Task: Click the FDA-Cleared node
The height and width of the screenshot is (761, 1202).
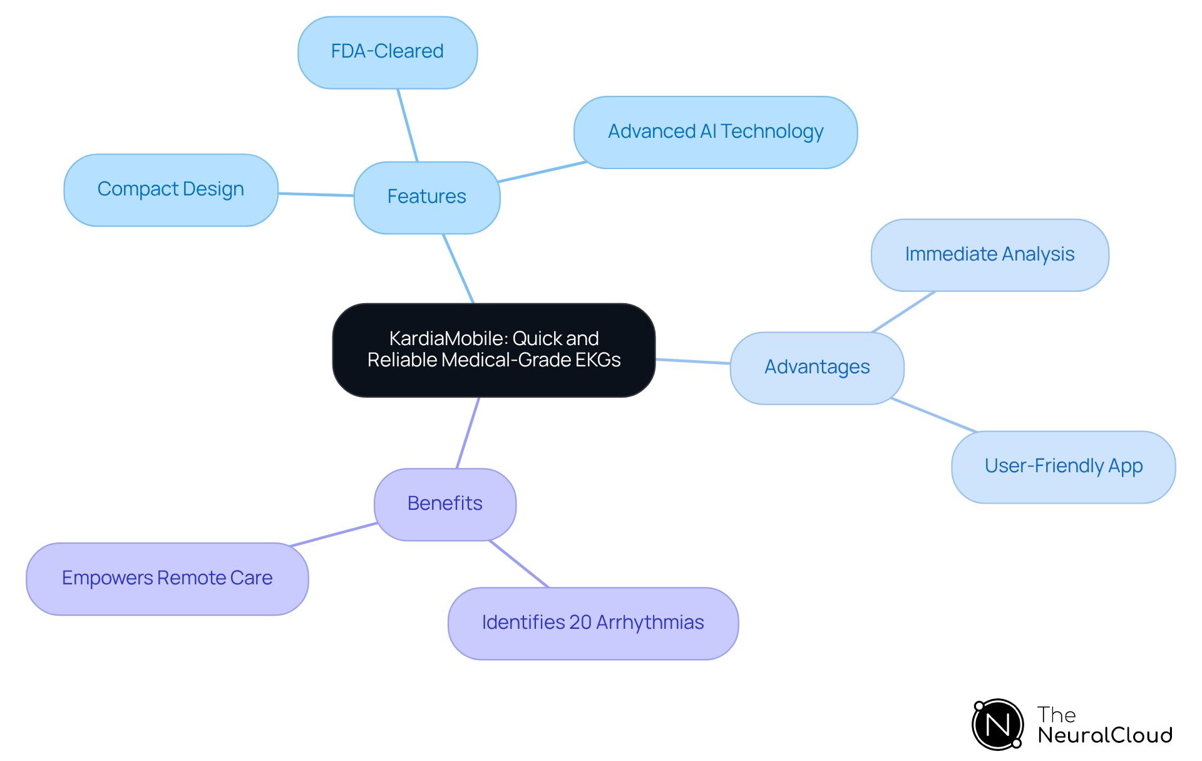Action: (388, 53)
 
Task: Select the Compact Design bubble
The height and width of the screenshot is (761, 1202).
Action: (171, 190)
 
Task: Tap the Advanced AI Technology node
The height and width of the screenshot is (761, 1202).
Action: (715, 132)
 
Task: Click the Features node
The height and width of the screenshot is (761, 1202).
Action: (427, 197)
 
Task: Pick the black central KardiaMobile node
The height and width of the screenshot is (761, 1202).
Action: (494, 350)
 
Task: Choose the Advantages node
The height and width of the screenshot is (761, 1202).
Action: (817, 368)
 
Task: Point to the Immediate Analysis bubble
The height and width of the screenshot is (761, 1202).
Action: (990, 255)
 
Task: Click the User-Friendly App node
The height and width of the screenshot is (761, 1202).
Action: (1063, 467)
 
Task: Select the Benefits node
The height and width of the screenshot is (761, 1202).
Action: (445, 504)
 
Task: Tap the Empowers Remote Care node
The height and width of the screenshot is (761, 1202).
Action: (167, 579)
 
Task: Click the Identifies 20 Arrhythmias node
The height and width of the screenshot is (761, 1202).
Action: (593, 623)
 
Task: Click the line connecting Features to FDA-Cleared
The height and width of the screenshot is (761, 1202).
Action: (408, 125)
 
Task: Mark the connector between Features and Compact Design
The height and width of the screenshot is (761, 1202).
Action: (316, 195)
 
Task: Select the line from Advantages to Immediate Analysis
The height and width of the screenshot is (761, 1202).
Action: (904, 311)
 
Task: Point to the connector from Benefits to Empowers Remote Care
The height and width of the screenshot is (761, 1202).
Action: (334, 534)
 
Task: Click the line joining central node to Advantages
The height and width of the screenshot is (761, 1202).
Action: (693, 361)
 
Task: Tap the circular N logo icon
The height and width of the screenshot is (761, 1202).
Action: (998, 725)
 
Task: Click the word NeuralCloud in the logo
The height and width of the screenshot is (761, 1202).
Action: (1105, 735)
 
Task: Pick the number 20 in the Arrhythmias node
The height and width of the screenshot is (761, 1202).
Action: (580, 623)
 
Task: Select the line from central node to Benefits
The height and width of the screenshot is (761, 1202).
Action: (468, 433)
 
